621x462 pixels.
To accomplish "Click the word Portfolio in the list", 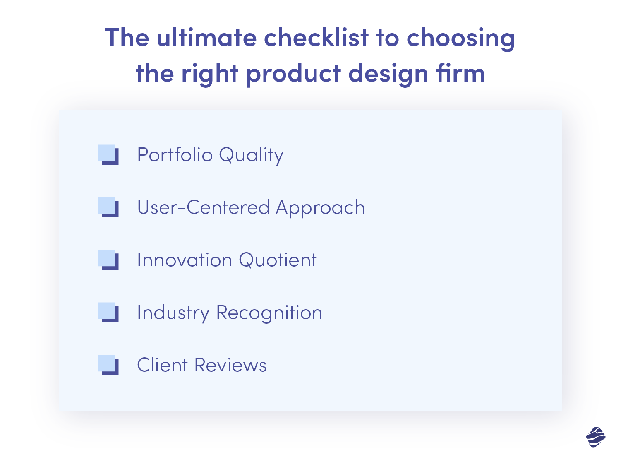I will coord(175,155).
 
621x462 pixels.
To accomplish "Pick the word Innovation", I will coord(185,260).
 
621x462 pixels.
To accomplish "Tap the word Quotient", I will coord(278,260).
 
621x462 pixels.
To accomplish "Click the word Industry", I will coord(173,313).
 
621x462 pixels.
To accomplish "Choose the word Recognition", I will coord(269,313).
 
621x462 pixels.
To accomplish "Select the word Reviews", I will coord(230,365).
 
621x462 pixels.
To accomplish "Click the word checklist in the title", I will coord(316,38).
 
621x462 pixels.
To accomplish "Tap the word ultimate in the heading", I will coord(206,38).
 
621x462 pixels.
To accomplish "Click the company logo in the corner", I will coord(596,437).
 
